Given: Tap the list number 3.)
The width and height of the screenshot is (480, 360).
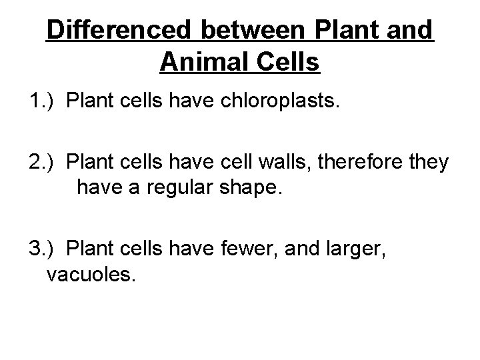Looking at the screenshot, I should (44, 249).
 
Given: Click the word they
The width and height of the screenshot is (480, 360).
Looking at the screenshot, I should (432, 163).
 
